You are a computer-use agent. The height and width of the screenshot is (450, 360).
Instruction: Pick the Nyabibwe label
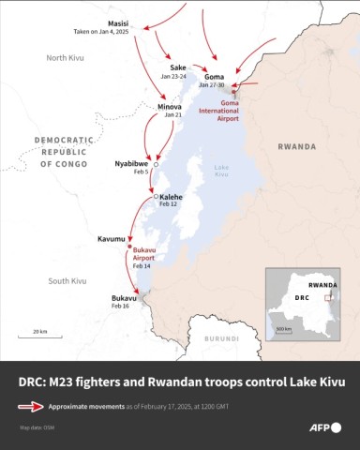[131, 162]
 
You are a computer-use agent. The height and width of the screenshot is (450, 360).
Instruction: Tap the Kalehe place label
[171, 197]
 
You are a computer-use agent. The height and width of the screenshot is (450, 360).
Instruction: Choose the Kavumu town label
[111, 239]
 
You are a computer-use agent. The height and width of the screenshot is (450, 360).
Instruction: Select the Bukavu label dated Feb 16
[124, 298]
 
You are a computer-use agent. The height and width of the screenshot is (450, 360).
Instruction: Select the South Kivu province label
[67, 280]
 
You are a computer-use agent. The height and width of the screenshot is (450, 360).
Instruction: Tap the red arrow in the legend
[32, 407]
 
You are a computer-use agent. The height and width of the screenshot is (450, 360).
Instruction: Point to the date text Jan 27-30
[214, 85]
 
